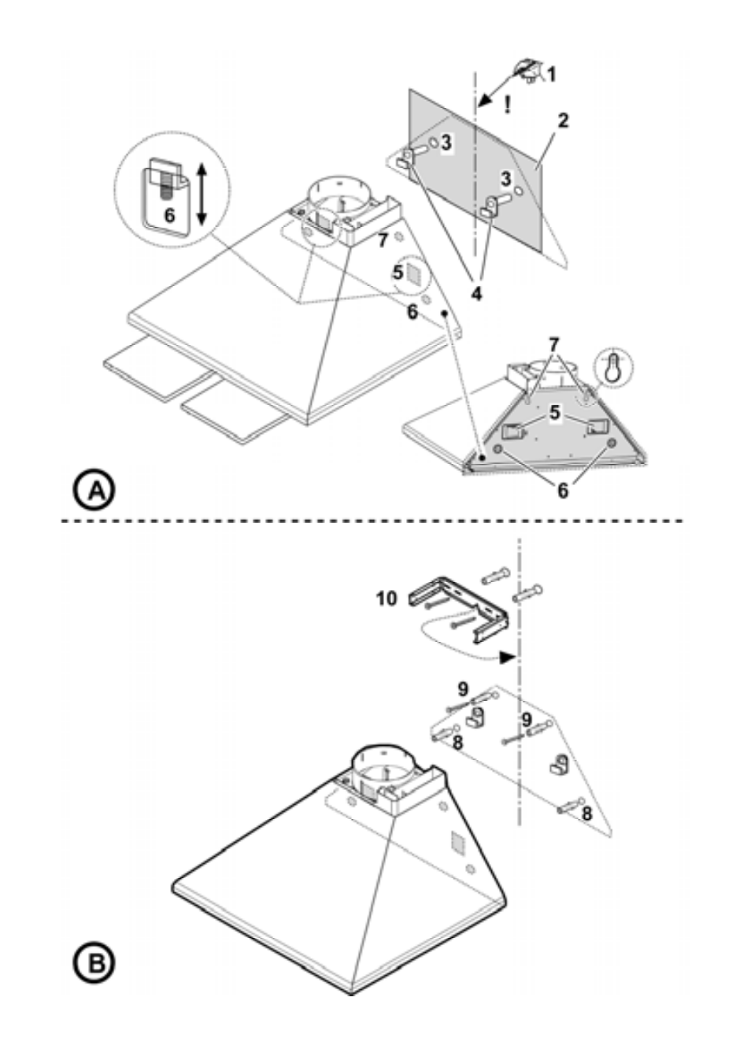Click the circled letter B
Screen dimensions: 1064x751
pyautogui.click(x=94, y=963)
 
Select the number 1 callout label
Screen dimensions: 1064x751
pyautogui.click(x=551, y=74)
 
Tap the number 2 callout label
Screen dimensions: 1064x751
pyautogui.click(x=562, y=120)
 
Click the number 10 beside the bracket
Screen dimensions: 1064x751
pyautogui.click(x=387, y=599)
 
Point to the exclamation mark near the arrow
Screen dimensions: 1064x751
pyautogui.click(x=508, y=104)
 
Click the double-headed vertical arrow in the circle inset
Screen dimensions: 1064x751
pyautogui.click(x=202, y=194)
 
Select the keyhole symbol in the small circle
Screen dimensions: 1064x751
pyautogui.click(x=612, y=367)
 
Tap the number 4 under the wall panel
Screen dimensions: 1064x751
pyautogui.click(x=476, y=294)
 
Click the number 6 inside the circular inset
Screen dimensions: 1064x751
pyautogui.click(x=169, y=214)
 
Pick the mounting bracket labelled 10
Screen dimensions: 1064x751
pyautogui.click(x=458, y=607)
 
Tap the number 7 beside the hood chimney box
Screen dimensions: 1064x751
pyautogui.click(x=383, y=239)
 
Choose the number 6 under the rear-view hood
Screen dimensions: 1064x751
pyautogui.click(x=563, y=491)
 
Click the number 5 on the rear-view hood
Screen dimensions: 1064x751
pyautogui.click(x=557, y=413)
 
